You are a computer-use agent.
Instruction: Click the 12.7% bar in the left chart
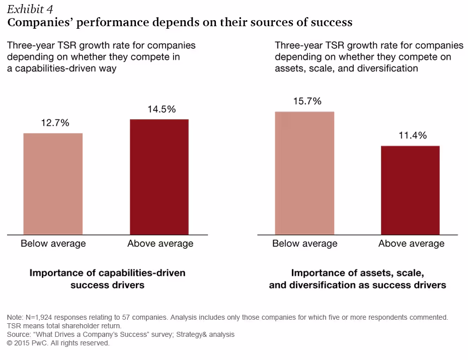pyautogui.click(x=53, y=184)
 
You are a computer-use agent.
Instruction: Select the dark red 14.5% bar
pyautogui.click(x=159, y=177)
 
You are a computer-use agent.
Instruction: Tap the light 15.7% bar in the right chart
pyautogui.click(x=304, y=173)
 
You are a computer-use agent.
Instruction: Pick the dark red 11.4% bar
pyautogui.click(x=410, y=190)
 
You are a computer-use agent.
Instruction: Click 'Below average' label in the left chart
pyautogui.click(x=53, y=244)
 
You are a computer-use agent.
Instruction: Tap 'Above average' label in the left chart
pyautogui.click(x=160, y=244)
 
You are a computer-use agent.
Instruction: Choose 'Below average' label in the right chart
pyautogui.click(x=305, y=244)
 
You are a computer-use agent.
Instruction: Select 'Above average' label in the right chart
pyautogui.click(x=411, y=244)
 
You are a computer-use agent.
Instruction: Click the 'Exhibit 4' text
pyautogui.click(x=30, y=10)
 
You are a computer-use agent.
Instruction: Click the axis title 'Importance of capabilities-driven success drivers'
pyautogui.click(x=107, y=279)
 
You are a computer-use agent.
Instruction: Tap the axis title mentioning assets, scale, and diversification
pyautogui.click(x=357, y=279)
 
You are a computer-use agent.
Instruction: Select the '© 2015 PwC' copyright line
pyautogui.click(x=58, y=343)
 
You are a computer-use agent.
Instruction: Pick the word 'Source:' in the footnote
pyautogui.click(x=19, y=334)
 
